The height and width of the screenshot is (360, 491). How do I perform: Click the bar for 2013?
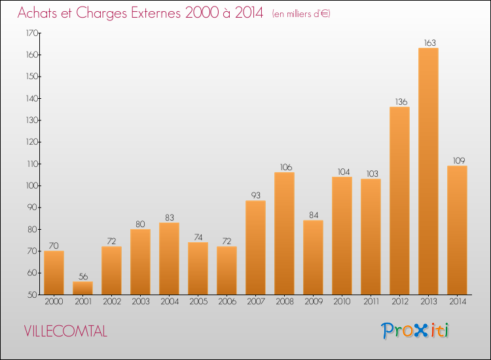[428, 171]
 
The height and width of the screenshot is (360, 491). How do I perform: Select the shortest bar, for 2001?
[82, 288]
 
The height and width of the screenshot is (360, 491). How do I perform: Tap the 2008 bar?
[284, 233]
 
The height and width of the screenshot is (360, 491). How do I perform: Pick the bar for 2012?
[399, 201]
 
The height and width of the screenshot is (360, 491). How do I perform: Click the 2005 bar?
[198, 268]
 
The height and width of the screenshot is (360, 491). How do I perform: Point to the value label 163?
[430, 43]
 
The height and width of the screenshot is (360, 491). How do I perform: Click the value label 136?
[401, 101]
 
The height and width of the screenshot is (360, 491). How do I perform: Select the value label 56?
[83, 276]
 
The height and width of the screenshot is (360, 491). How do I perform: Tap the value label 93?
[256, 195]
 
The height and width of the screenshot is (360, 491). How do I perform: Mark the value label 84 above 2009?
[314, 215]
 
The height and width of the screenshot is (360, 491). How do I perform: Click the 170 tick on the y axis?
[32, 33]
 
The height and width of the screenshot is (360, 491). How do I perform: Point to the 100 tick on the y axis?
[32, 186]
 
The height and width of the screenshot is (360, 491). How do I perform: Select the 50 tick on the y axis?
[33, 295]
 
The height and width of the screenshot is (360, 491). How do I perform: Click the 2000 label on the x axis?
[54, 302]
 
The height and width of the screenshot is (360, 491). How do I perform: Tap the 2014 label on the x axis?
[458, 302]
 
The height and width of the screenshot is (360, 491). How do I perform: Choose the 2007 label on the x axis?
[256, 302]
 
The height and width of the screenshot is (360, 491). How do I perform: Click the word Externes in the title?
[156, 13]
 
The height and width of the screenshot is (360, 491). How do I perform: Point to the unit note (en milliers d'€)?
[301, 14]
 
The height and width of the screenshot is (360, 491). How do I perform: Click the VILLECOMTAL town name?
[65, 331]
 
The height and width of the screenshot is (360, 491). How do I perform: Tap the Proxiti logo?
[415, 331]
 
